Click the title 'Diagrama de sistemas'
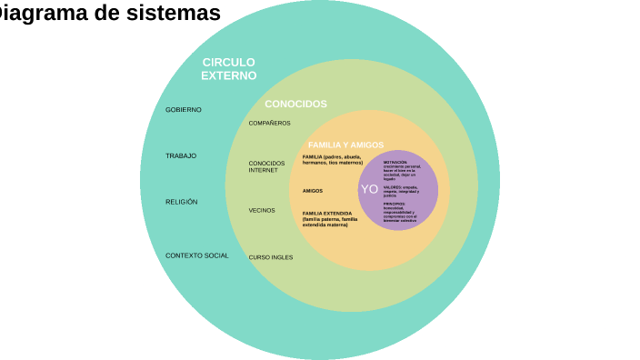point(109,14)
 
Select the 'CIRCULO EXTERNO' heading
point(228,69)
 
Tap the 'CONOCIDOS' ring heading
point(295,104)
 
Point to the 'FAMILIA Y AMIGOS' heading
point(345,145)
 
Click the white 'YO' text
point(369,189)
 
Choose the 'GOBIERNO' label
point(184,110)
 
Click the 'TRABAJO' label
point(181,156)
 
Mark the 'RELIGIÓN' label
point(182,202)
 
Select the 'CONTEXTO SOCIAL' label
point(197,255)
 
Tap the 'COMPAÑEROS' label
point(270,123)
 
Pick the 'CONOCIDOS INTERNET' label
point(266,166)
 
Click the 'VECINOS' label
point(262,210)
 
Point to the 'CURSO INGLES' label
point(271,257)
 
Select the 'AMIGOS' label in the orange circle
point(313,191)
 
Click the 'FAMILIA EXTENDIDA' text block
point(330,218)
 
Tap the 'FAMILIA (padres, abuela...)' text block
point(332,159)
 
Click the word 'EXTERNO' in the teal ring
point(228,76)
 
